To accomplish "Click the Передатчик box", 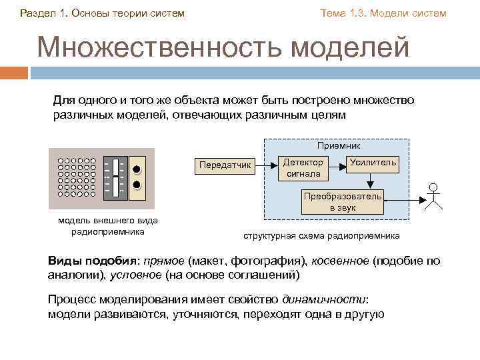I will point(225,164).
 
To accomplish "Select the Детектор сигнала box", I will point(303,168).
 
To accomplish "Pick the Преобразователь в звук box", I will point(343,202).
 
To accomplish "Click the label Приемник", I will point(339,145).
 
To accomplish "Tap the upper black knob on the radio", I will point(137,168).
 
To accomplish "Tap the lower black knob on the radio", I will point(137,185).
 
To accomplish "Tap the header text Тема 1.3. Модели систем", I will point(383,13).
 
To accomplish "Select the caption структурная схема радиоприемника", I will point(321,235).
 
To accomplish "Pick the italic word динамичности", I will point(324,299).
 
